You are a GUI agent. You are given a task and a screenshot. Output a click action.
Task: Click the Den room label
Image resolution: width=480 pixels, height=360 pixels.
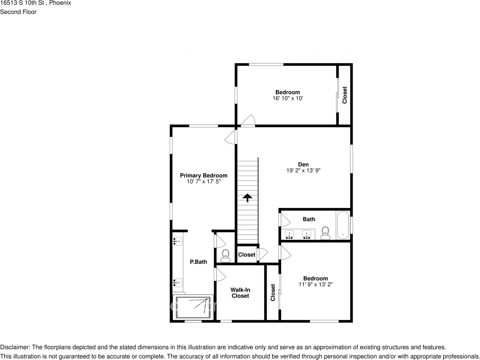[x=303, y=165]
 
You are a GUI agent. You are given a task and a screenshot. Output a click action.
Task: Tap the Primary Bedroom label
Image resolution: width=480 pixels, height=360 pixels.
[x=203, y=175]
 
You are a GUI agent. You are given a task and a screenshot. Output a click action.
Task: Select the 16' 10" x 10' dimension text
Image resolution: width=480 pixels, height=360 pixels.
[x=288, y=98]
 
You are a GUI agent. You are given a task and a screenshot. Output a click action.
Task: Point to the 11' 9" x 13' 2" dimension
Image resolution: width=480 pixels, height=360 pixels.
[x=315, y=284]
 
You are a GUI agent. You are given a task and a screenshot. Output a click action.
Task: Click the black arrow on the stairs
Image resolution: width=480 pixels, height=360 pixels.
[x=247, y=197]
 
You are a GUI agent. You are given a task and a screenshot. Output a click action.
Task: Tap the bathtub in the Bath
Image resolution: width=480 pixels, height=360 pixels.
[x=343, y=225]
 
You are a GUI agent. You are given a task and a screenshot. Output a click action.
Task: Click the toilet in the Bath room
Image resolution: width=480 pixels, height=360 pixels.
[x=325, y=233]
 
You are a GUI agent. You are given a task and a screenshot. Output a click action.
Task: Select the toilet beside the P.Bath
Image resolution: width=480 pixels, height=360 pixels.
[x=226, y=256]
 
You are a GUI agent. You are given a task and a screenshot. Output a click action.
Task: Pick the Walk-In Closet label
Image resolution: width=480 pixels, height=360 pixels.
[x=240, y=293]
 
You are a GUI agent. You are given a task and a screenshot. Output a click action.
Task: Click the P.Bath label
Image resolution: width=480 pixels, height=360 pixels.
[x=198, y=262]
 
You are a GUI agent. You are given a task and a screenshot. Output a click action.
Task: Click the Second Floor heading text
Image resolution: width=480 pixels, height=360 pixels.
[x=18, y=12]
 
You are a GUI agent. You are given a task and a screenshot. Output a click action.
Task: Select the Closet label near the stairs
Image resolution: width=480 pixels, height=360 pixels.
[x=246, y=255]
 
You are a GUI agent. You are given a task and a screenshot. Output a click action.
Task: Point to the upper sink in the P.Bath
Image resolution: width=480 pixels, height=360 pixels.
[x=178, y=241]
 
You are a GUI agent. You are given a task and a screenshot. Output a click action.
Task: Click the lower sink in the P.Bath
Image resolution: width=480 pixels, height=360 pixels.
[x=178, y=282]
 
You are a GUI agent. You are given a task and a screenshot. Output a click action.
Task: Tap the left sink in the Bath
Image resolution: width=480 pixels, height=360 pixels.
[x=289, y=235]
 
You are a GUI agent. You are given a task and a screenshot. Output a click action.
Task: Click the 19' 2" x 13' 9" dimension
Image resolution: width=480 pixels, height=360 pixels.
[x=303, y=171]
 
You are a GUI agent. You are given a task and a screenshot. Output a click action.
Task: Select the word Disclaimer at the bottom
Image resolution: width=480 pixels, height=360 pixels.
[x=14, y=347]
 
